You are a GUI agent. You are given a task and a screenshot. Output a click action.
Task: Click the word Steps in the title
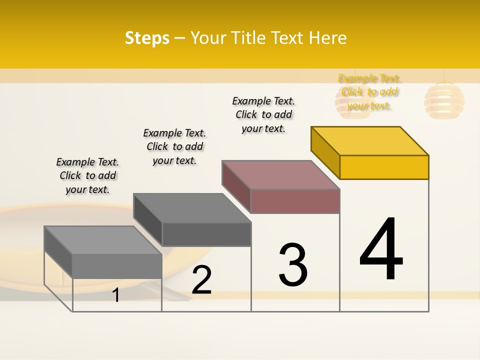(147, 38)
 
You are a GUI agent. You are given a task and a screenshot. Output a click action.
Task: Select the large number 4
(381, 249)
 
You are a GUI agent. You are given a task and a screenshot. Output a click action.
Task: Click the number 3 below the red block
(293, 265)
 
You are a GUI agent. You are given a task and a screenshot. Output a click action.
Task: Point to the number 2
(202, 280)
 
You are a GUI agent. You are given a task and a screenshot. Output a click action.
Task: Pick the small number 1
(116, 295)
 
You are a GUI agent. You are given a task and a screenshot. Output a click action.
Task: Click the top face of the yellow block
(370, 140)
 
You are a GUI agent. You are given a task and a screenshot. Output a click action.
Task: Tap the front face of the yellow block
(384, 167)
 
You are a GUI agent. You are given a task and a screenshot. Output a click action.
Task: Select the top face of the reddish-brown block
(281, 174)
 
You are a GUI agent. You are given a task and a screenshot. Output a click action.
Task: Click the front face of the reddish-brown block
(295, 201)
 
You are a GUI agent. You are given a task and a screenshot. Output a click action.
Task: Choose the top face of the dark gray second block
(192, 207)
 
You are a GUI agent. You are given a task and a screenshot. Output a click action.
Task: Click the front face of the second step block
(206, 234)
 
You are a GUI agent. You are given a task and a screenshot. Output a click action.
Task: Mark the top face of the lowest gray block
(103, 240)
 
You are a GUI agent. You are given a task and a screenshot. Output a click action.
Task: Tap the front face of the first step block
(117, 266)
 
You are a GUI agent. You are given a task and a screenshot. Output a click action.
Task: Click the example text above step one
(87, 175)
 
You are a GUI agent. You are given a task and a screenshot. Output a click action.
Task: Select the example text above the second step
(174, 146)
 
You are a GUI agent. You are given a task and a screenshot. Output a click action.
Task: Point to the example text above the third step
(263, 114)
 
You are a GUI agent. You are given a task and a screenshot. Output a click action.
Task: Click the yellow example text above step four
(369, 91)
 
